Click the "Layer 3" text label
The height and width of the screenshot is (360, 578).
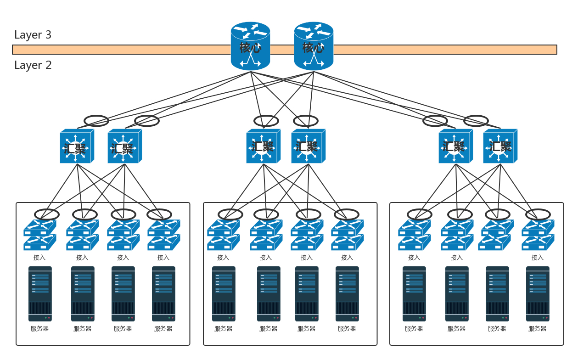pos(33,35)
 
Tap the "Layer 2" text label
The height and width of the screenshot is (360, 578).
pos(33,65)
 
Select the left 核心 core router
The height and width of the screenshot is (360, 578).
pos(250,46)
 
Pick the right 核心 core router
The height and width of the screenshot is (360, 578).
pos(314,46)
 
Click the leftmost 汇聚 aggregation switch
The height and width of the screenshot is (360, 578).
pos(76,146)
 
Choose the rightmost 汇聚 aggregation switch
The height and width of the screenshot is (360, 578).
pos(499,146)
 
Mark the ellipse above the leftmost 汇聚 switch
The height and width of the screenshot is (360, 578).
pos(96,121)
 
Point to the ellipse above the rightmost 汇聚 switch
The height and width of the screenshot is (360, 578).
pos(476,121)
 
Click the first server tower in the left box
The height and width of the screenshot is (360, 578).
pos(40,294)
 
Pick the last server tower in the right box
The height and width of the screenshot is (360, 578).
pos(538,294)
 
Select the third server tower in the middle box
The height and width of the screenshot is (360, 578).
pos(307,294)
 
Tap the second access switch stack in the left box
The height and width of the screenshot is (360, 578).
pos(82,235)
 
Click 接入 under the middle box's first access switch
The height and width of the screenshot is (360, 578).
pos(223,258)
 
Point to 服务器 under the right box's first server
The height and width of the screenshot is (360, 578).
pos(414,329)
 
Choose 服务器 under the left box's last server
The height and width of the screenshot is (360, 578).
pos(163,329)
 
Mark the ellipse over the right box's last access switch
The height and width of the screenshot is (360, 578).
pos(538,214)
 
